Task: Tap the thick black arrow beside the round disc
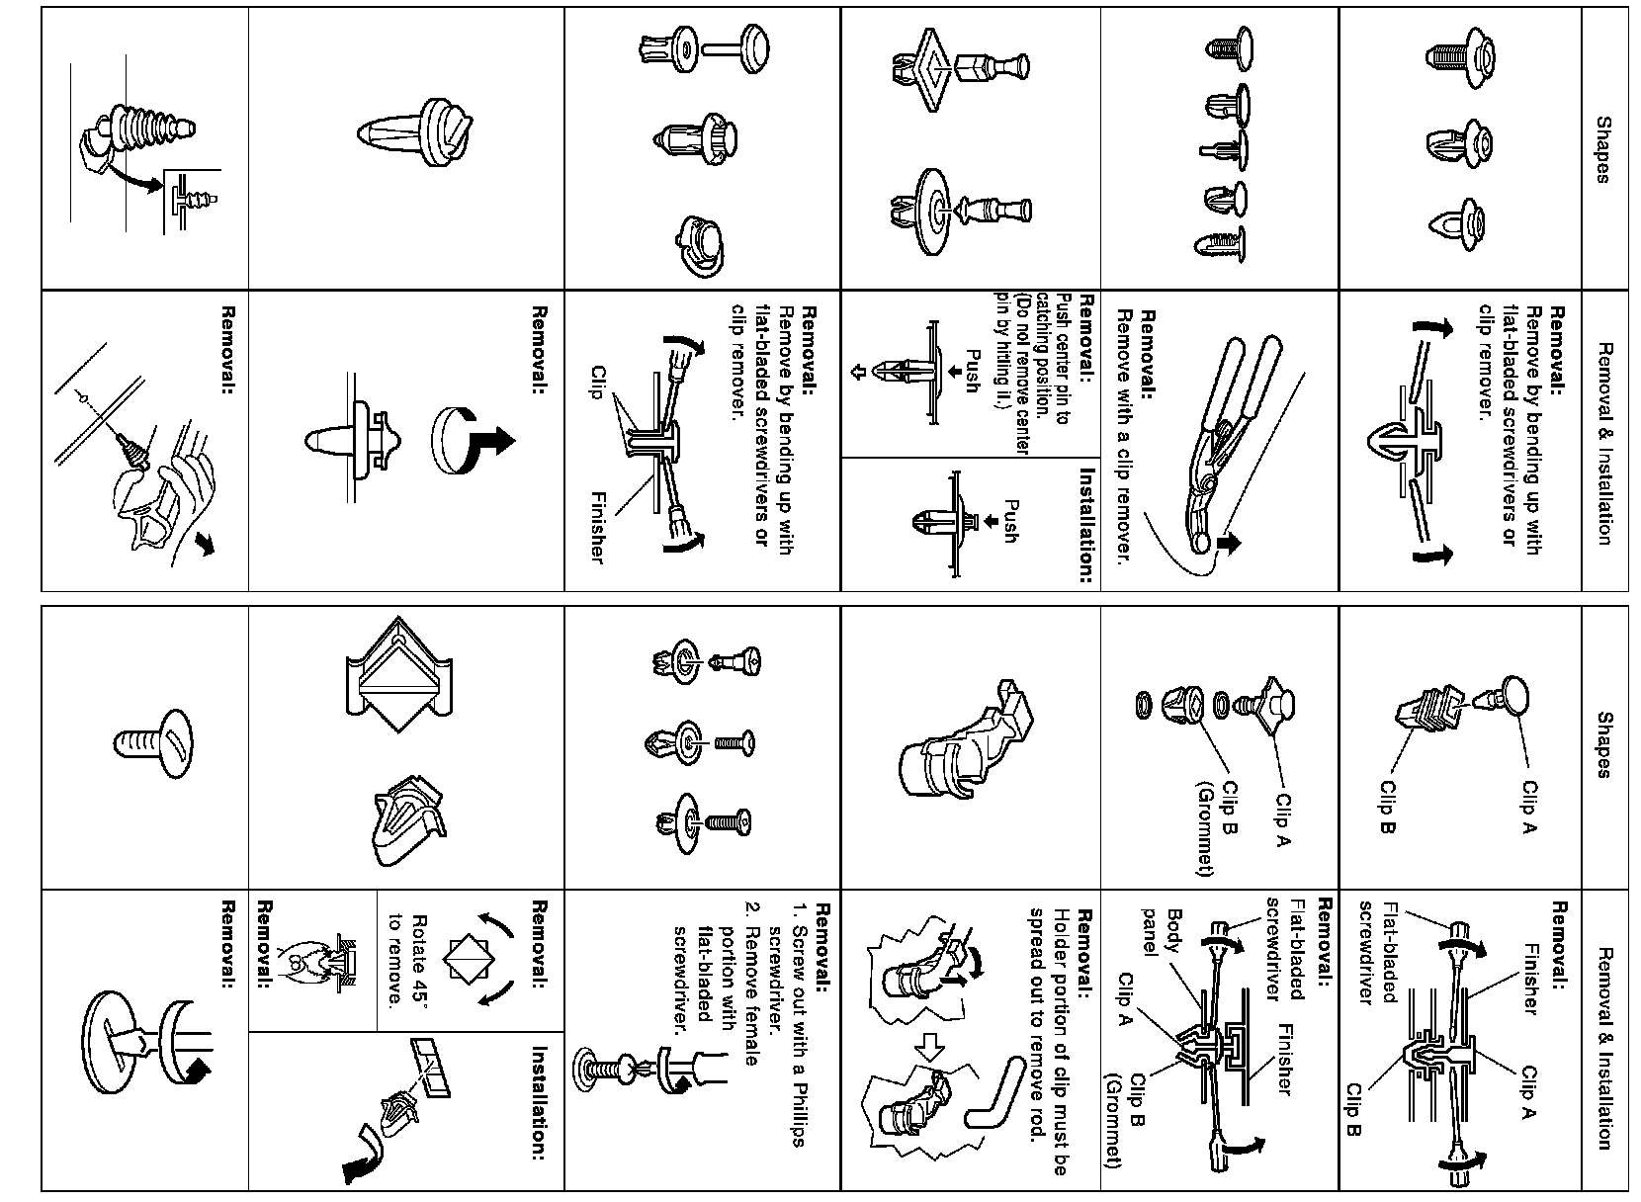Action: [x=495, y=439]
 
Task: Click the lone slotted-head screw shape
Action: [x=154, y=741]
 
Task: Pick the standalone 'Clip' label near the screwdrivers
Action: [x=596, y=386]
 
